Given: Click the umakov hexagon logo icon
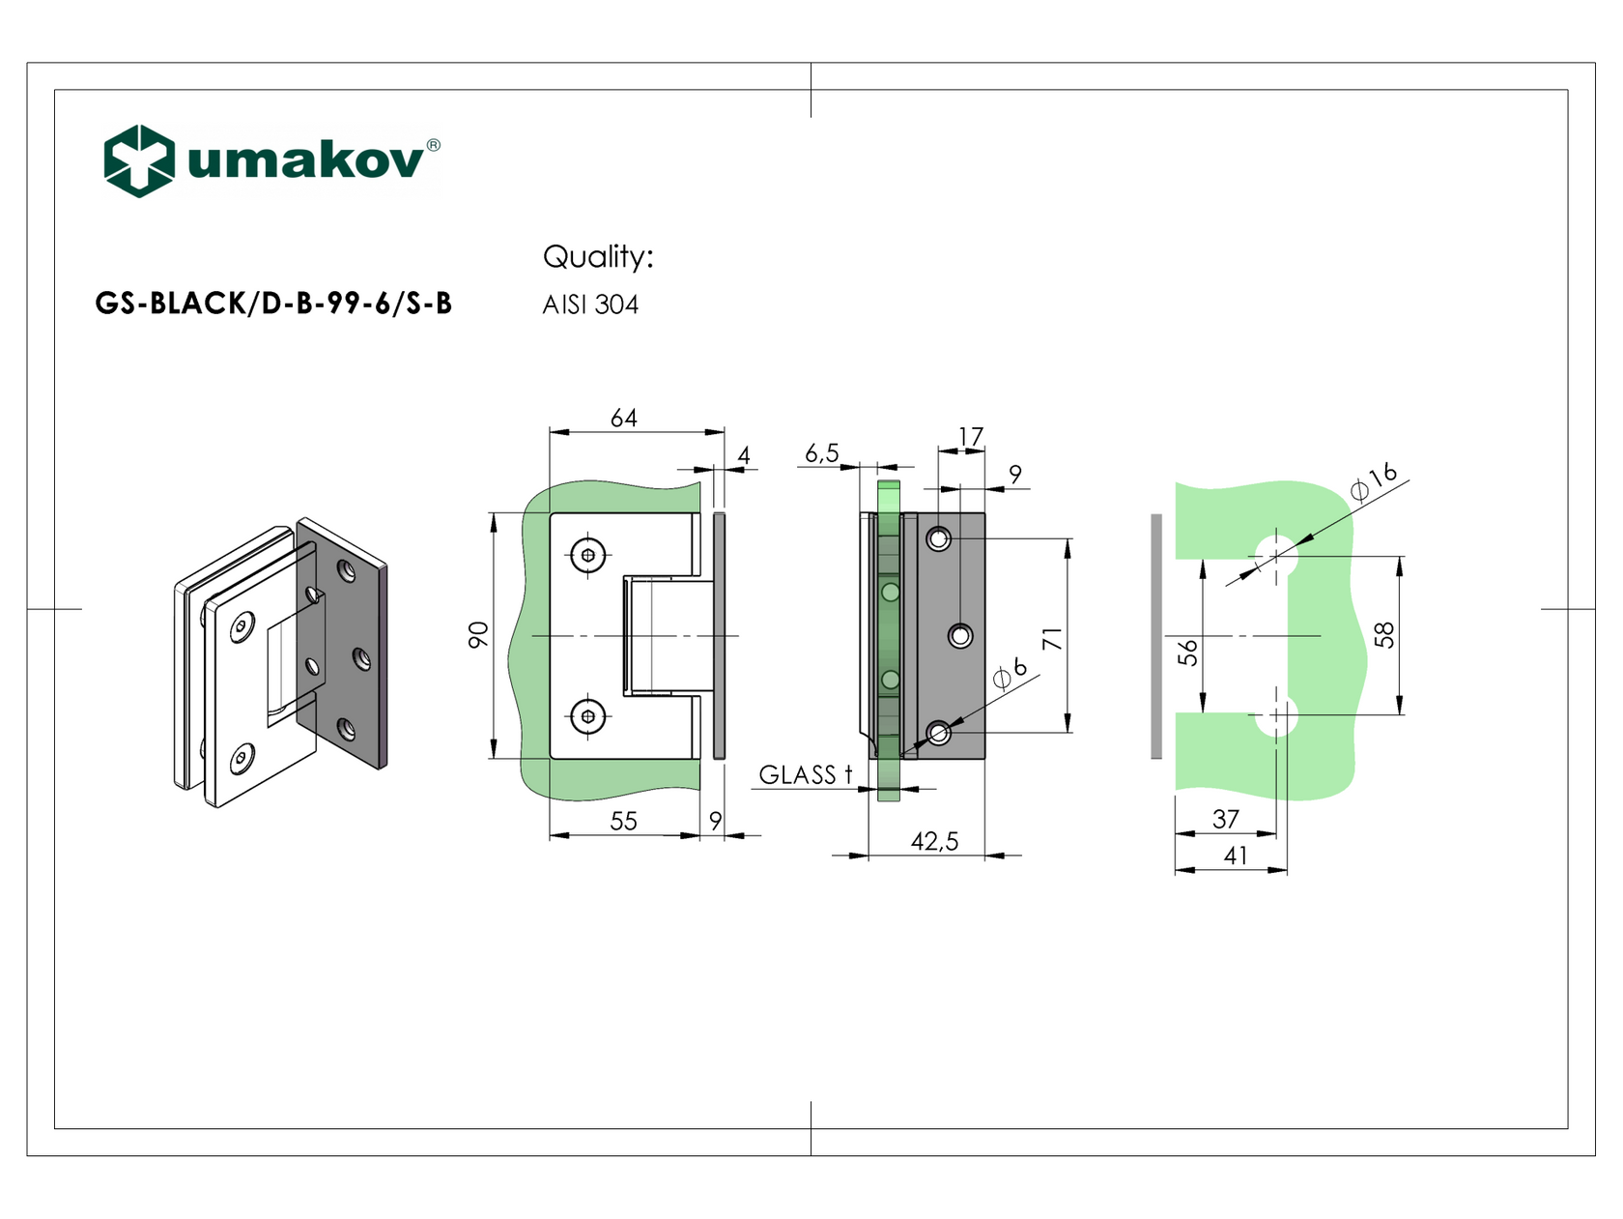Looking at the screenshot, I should [x=139, y=160].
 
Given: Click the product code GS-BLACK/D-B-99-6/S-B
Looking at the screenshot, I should [x=273, y=304].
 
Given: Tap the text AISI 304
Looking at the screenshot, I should [x=590, y=305].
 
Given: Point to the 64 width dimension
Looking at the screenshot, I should [x=624, y=418].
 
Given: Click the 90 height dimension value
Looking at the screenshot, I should [x=478, y=635].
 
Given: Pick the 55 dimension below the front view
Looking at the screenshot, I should [x=624, y=821].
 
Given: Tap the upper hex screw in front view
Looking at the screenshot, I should [x=588, y=555].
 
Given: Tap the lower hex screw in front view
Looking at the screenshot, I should [x=588, y=716].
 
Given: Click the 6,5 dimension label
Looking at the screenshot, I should [x=822, y=453].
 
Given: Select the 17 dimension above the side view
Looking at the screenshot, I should [x=971, y=437].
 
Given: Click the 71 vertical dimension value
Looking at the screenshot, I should [x=1052, y=639].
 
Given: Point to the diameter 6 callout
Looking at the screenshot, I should [x=1011, y=673].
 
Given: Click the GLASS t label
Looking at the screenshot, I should [x=806, y=775].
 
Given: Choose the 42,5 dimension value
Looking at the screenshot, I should [x=934, y=842].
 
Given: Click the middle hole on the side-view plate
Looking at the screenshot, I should [x=960, y=636].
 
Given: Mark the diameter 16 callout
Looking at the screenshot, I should [x=1374, y=481].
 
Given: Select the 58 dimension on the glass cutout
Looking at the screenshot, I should [x=1384, y=635].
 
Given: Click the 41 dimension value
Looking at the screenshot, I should [x=1236, y=856].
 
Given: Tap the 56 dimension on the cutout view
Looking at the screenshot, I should [x=1188, y=653].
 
